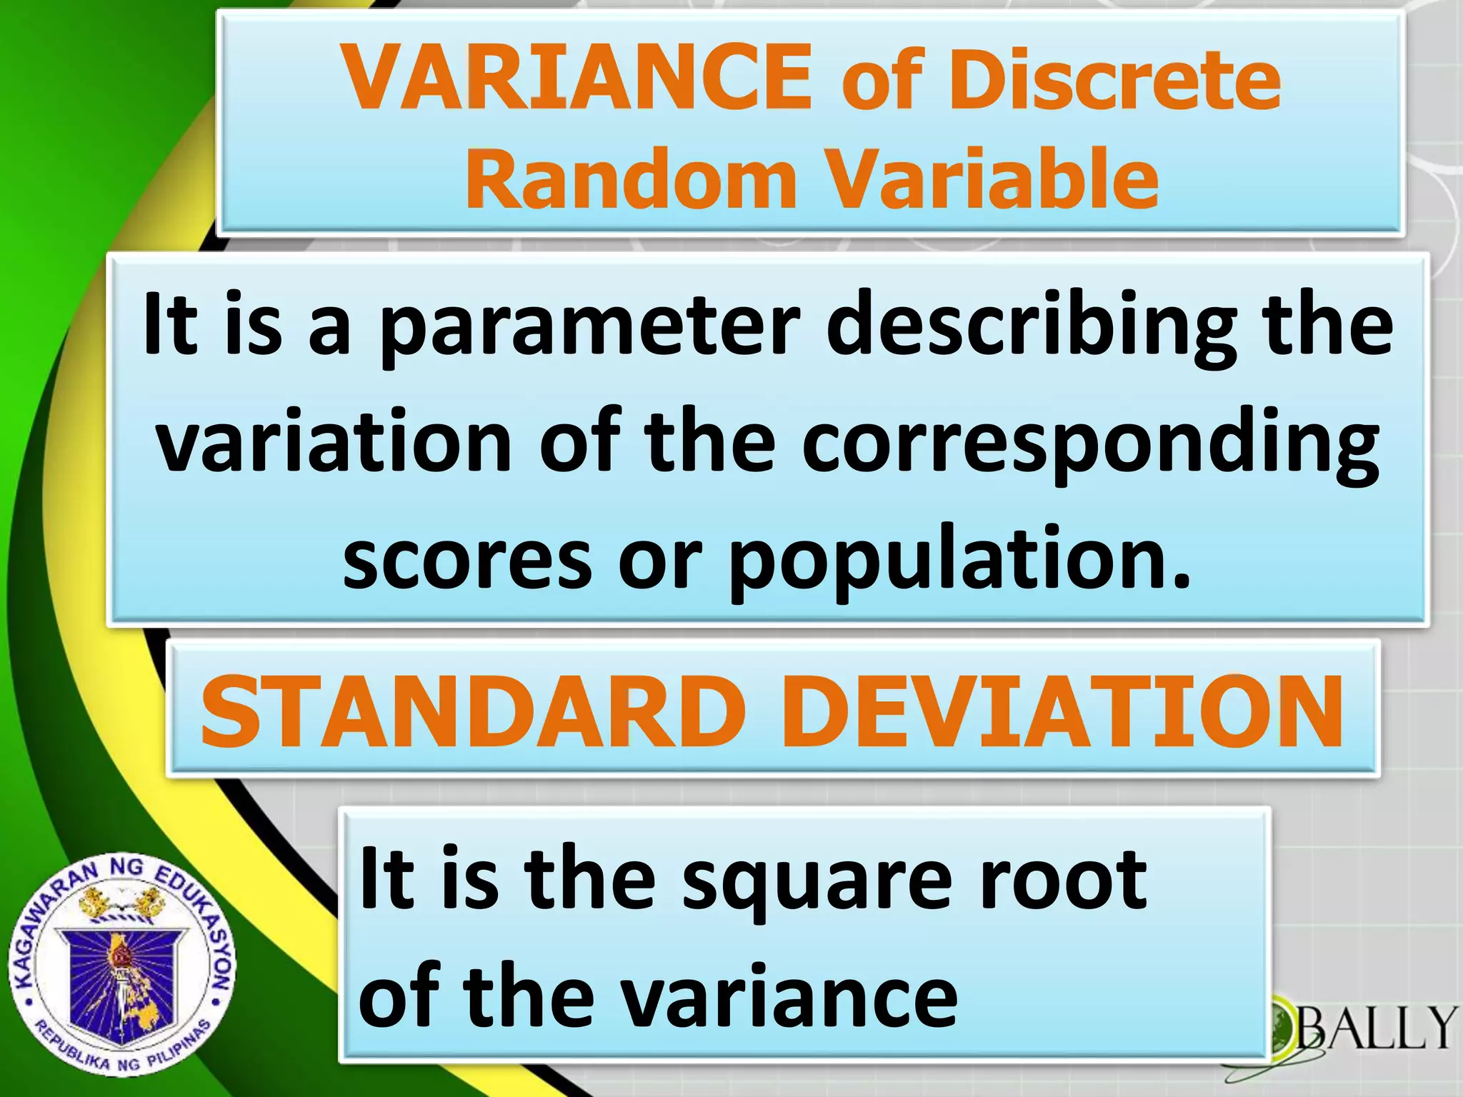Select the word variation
(334, 443)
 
